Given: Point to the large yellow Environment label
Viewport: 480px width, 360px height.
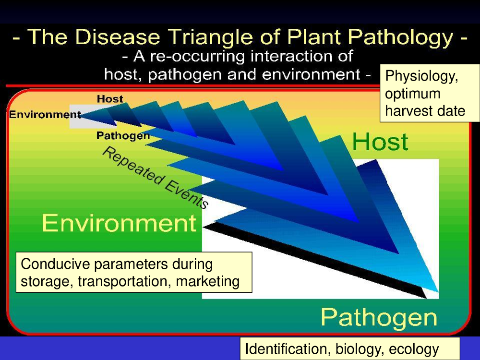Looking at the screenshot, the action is pos(119,223).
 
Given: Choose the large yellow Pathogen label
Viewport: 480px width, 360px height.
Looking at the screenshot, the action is pos(379,318).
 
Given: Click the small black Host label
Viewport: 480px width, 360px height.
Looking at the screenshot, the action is pos(110,99).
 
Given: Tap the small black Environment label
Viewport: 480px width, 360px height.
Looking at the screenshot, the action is pos(45,115).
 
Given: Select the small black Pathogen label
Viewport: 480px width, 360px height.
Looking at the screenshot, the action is pos(123,136).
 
